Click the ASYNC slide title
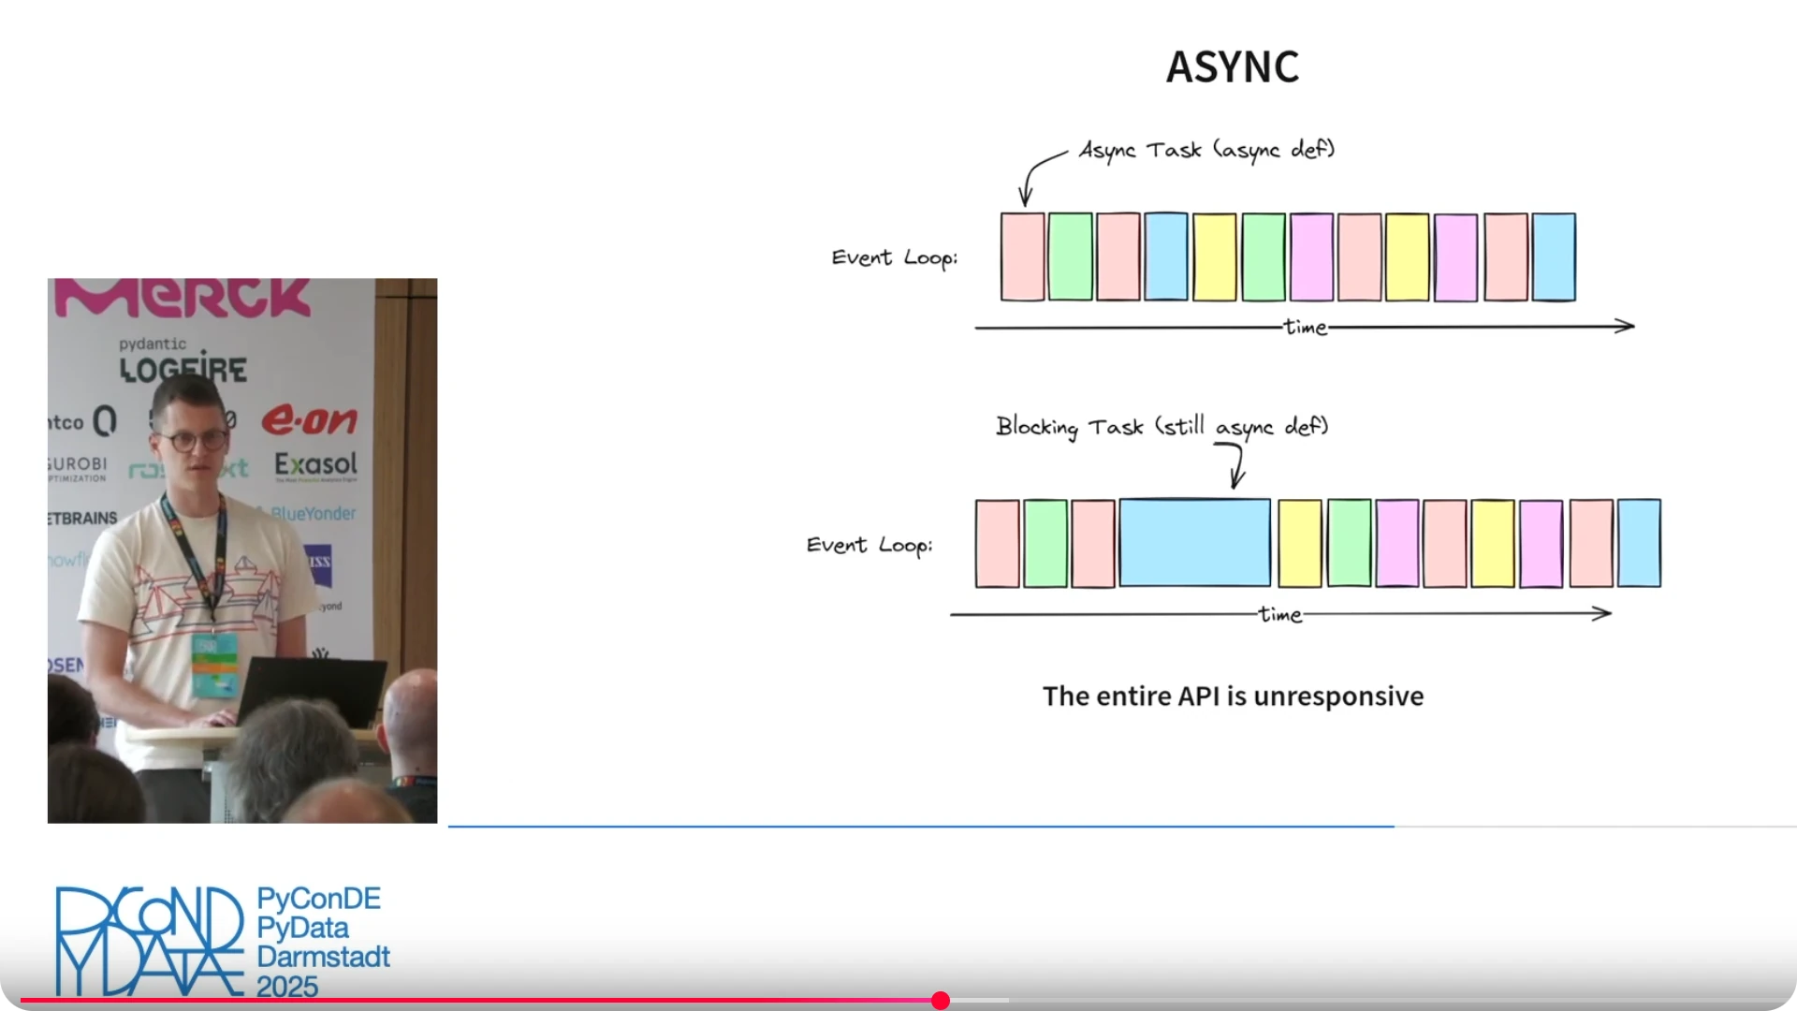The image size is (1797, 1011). point(1232,66)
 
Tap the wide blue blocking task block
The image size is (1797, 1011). point(1194,543)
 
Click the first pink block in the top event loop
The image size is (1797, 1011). point(1022,256)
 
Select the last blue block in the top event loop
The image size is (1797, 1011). point(1554,256)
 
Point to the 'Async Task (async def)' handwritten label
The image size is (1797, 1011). point(1206,150)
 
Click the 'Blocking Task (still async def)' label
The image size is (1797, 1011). point(1161,427)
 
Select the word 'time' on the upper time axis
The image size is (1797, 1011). point(1306,327)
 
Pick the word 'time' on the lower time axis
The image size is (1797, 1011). point(1280,614)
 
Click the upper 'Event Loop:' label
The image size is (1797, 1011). point(894,257)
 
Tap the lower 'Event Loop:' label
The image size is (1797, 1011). point(869,545)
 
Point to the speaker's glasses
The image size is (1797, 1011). point(193,439)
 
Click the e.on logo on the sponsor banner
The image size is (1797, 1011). point(309,420)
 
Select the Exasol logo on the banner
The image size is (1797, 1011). point(315,464)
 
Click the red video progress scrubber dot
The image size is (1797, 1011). point(941,1001)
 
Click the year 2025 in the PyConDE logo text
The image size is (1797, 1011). point(287,987)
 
